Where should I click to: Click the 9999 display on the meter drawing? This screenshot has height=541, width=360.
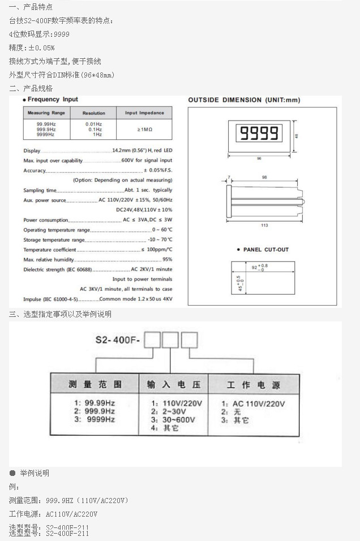click(259, 134)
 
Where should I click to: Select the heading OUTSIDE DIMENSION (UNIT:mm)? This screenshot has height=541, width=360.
click(244, 100)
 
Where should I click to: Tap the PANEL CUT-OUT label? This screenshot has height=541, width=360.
click(262, 250)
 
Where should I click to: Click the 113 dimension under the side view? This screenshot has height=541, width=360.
click(264, 226)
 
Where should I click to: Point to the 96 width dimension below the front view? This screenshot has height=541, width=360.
click(259, 158)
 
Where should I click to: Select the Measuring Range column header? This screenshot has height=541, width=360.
click(46, 113)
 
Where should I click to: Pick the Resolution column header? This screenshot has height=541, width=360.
click(93, 113)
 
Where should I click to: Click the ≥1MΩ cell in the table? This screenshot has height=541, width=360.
click(144, 130)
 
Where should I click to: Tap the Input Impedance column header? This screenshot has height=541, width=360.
click(144, 113)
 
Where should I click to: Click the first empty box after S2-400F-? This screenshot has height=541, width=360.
click(153, 340)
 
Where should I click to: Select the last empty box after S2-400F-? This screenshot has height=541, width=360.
click(189, 340)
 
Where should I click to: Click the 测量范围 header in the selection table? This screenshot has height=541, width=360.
click(95, 384)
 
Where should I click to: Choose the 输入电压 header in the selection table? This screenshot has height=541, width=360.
click(174, 384)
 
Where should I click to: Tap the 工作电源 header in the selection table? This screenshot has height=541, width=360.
click(246, 385)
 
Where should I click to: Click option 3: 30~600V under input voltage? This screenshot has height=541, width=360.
click(173, 420)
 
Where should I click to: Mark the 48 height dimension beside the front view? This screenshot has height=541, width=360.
click(297, 135)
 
